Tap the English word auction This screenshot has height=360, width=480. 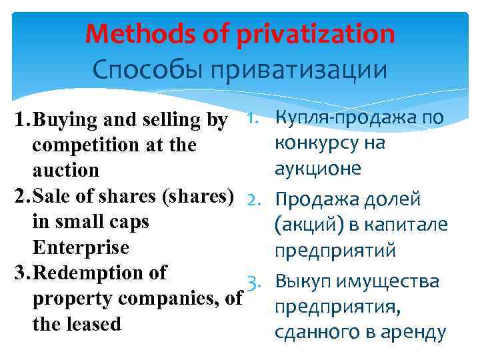65,171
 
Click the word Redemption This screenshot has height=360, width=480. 99,273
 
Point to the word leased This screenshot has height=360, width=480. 97,325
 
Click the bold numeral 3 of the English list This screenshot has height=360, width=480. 9,273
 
